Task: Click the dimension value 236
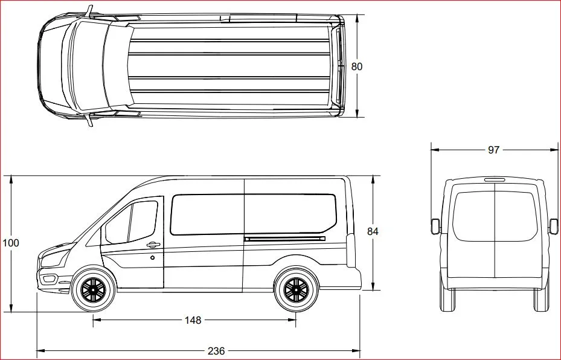pos(216,351)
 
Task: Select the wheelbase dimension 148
pos(193,320)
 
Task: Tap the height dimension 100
pos(11,243)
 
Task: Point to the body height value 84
pos(373,231)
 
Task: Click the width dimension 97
pos(493,150)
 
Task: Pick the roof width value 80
pos(357,66)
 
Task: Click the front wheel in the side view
pos(93,290)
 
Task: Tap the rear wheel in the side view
pos(295,290)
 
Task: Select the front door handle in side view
pos(152,245)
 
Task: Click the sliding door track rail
pos(284,239)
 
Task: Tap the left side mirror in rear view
pos(434,226)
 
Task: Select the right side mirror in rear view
pos(554,226)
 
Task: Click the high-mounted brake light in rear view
pos(494,179)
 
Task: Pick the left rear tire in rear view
pos(447,300)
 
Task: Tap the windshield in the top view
pos(88,66)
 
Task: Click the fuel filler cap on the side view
pos(153,258)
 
